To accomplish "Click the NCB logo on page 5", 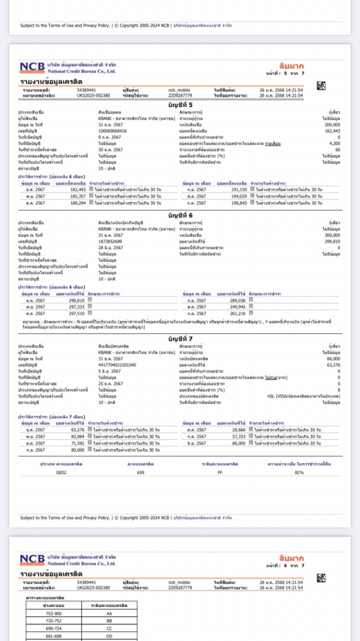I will point(33,68).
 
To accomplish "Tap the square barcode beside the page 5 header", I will point(321,86).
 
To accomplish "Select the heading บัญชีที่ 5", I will point(180,104).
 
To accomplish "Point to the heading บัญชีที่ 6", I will point(180,214).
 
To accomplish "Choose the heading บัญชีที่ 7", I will point(180,339).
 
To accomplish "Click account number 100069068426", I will point(113,131).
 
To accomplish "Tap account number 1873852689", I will point(110,241).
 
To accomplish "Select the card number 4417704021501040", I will point(117,365).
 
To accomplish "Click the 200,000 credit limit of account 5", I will point(332,124).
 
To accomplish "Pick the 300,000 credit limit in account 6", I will point(332,234).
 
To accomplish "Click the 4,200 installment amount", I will point(334,144).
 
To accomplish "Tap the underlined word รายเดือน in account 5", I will point(273,144).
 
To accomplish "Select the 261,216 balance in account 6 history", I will point(237,313).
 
